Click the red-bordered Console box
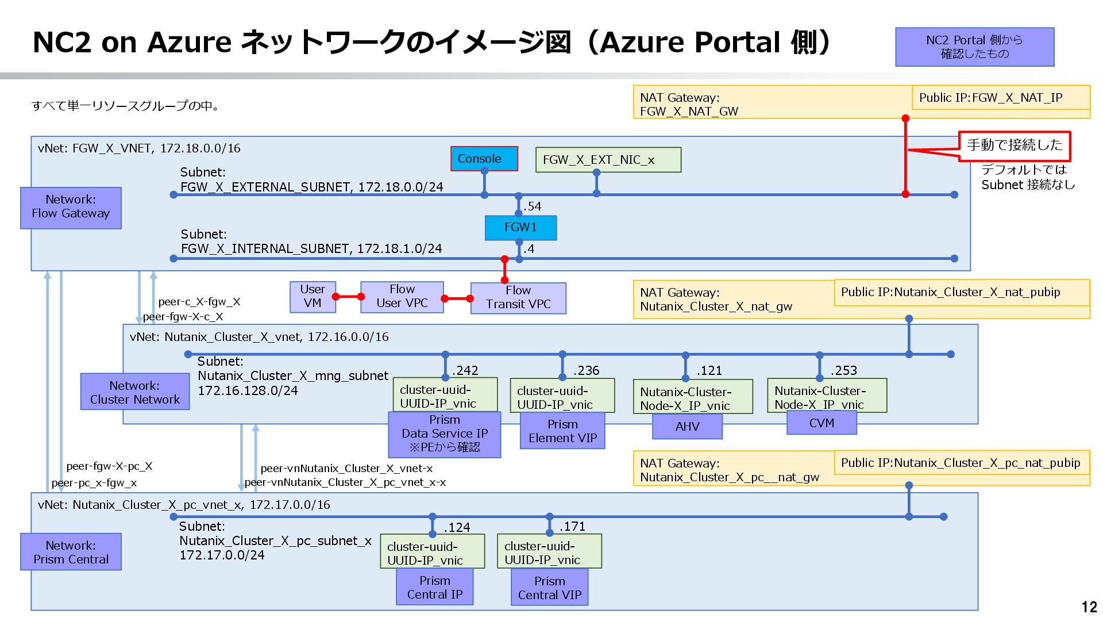click(484, 159)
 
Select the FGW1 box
click(520, 228)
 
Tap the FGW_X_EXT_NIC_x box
click(608, 160)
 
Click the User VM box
click(313, 297)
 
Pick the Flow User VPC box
click(402, 297)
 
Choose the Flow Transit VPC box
click(518, 298)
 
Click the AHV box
click(687, 427)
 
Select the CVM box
click(822, 423)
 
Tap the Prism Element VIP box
click(562, 431)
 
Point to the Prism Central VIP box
click(550, 587)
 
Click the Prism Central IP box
click(435, 586)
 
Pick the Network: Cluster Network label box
click(135, 392)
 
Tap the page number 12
click(1089, 607)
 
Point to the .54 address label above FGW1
click(532, 206)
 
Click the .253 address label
click(843, 370)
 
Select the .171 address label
click(572, 526)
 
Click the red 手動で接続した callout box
click(1015, 146)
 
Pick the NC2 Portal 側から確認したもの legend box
click(975, 47)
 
